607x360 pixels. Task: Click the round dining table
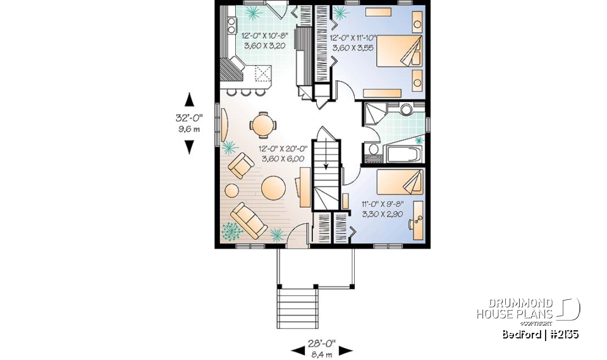coord(262,125)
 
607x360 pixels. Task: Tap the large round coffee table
coord(274,188)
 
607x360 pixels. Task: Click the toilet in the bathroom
coord(373,150)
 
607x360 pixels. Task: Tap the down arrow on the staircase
coord(328,166)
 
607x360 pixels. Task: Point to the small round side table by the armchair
coord(231,190)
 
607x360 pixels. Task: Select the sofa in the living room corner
coord(248,218)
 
